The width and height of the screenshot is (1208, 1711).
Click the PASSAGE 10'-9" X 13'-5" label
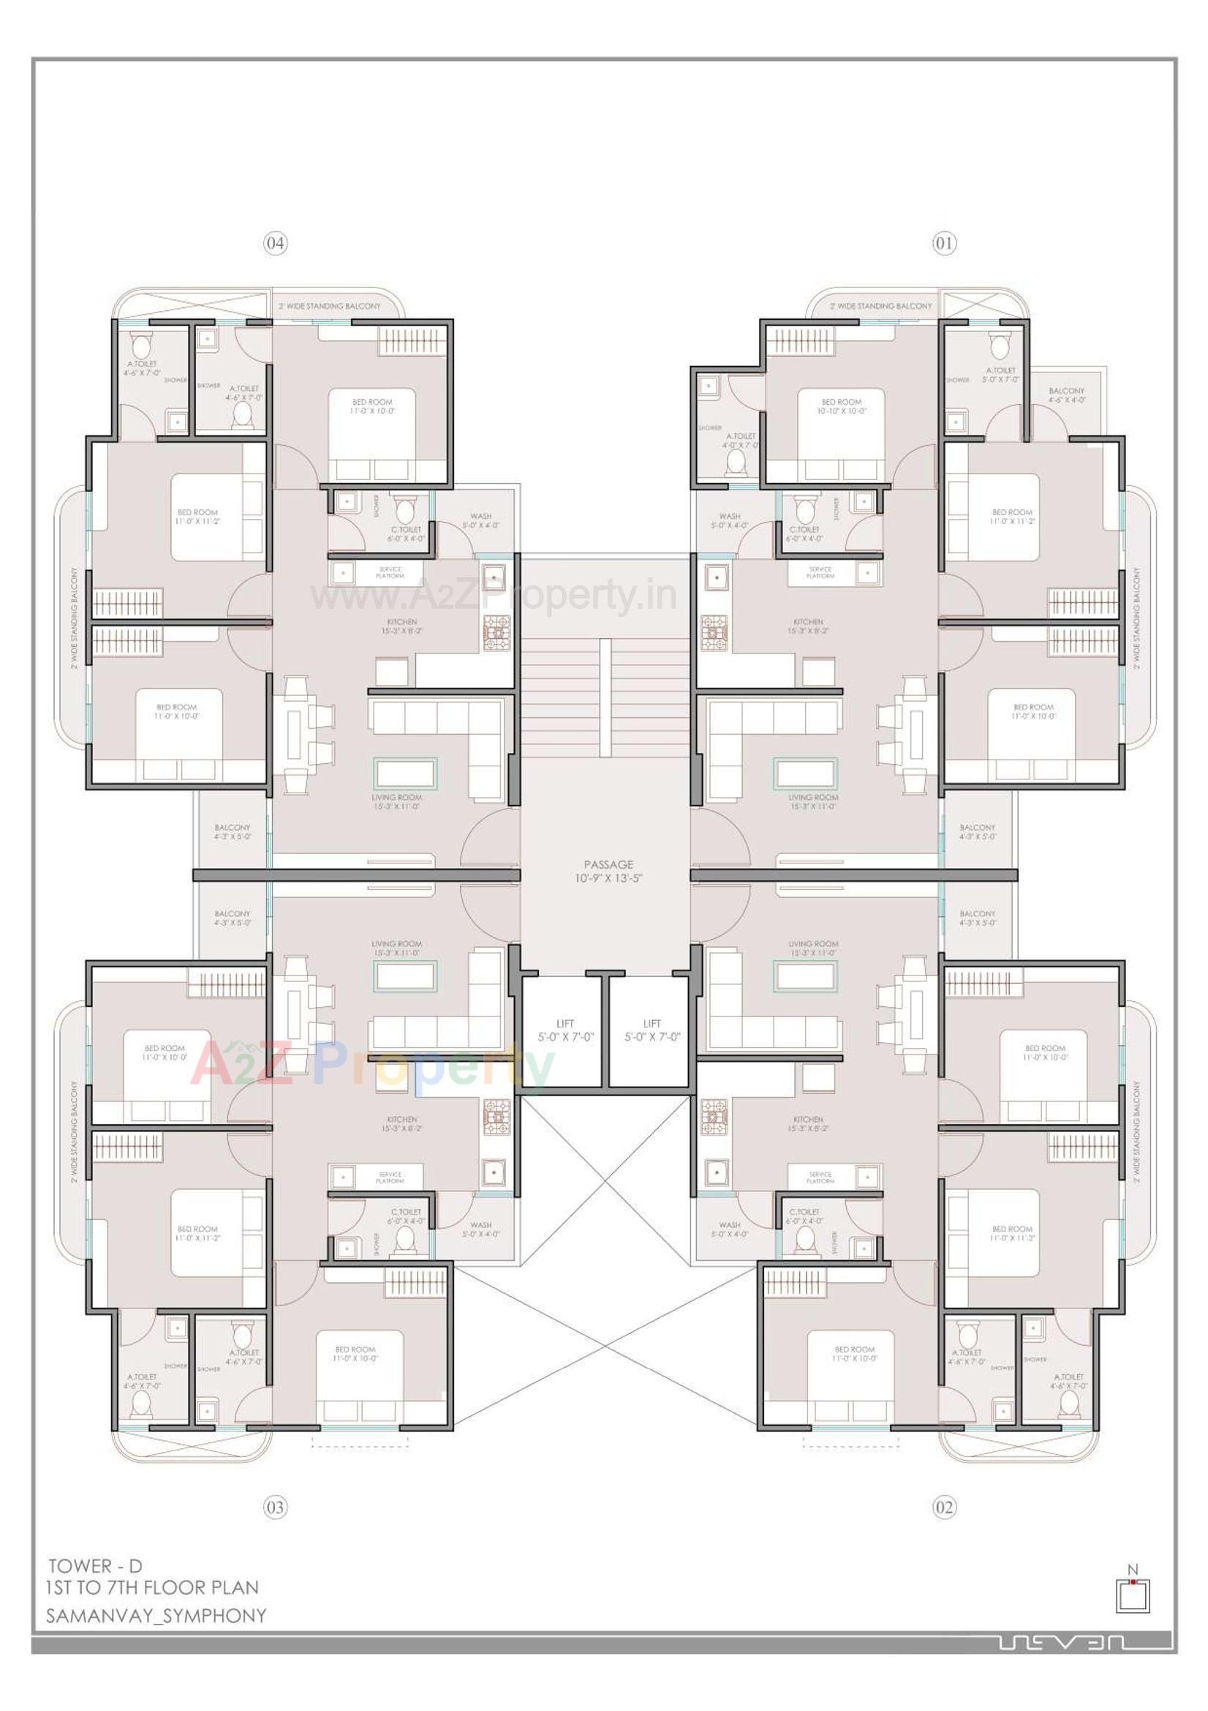608,870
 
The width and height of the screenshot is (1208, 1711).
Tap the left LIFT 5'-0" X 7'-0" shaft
565,1030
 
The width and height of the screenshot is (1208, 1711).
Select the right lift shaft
652,1030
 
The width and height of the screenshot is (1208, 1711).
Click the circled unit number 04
275,243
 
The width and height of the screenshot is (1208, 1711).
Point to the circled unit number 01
943,243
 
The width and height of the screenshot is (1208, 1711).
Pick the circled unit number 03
275,1508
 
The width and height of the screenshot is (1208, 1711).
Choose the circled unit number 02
943,1508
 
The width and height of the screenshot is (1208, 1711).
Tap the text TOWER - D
95,1565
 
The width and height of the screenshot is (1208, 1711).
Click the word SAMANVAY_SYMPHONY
156,1616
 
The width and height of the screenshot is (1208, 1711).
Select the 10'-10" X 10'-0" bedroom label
841,406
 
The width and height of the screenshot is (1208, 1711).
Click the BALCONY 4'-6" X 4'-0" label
1065,395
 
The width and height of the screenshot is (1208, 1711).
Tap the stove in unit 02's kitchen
714,1117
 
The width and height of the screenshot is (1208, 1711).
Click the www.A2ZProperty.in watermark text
494,596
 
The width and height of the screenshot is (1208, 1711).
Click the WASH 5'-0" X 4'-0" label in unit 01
729,520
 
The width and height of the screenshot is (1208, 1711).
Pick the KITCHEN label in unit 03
402,1124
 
